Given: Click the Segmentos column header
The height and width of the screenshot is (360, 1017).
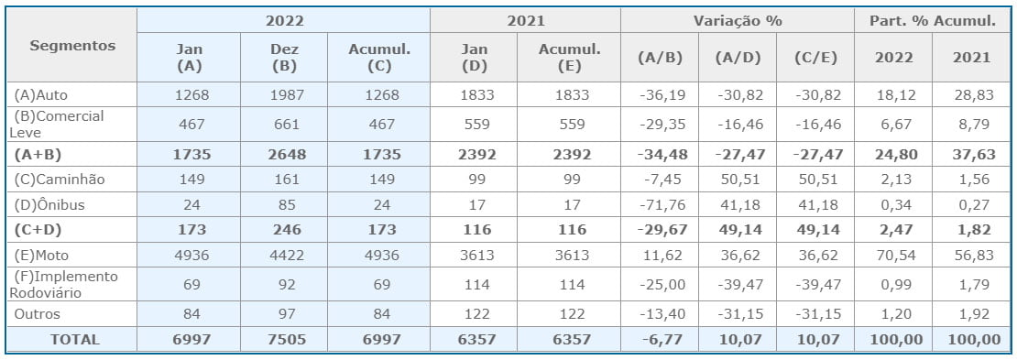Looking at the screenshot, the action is tap(72, 46).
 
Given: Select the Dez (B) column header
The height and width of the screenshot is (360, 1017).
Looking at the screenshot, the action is tap(286, 57).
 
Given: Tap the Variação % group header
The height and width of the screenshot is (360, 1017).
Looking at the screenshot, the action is tap(738, 21).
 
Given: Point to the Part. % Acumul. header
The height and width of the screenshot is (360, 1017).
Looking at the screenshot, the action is tap(934, 21).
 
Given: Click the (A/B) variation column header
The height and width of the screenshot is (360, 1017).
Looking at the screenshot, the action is tap(659, 57).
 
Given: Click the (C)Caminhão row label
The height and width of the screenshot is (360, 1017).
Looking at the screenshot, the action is tap(60, 179).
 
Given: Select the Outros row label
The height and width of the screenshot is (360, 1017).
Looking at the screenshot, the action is tap(38, 314).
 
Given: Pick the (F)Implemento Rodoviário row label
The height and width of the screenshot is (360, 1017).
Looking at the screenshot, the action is tap(63, 284).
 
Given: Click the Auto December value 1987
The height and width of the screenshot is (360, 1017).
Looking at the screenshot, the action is tap(286, 94).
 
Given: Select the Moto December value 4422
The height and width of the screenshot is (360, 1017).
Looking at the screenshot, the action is tap(286, 255).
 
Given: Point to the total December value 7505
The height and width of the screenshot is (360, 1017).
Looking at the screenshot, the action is tap(286, 339).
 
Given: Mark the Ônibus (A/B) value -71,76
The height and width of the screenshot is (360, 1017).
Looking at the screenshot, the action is tap(660, 205).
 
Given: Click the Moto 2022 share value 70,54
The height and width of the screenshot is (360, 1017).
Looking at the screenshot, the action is tap(893, 255).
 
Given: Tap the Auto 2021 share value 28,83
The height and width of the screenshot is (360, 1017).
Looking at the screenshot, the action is tap(972, 94).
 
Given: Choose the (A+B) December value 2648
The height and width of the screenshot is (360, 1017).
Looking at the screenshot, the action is tap(286, 155).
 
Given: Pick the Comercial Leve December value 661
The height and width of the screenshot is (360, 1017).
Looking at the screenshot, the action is tap(286, 124).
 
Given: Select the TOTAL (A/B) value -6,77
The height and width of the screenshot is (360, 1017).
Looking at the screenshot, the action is tap(660, 339).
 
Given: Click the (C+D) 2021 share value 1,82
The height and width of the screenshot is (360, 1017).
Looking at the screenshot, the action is tap(972, 229).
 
